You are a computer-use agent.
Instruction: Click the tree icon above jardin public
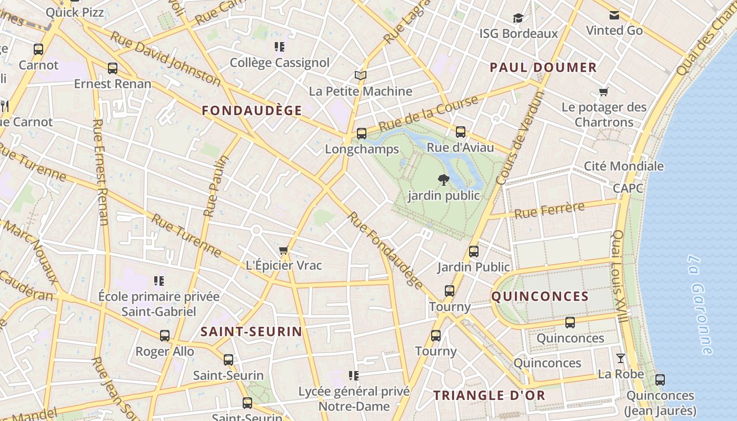pos(444,180)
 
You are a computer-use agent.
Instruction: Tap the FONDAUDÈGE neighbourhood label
pos(252,111)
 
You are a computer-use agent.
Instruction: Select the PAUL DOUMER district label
pos(543,67)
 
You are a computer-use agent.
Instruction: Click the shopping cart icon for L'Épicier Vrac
pos(284,250)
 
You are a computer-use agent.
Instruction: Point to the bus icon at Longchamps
pos(361,134)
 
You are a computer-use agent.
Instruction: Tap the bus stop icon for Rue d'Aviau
pos(461,132)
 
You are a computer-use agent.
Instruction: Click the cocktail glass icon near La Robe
pos(621,358)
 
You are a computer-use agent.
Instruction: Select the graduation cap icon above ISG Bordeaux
pos(519,18)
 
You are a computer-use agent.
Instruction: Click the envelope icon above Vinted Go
pos(614,15)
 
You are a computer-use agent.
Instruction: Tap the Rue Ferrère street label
pos(549,210)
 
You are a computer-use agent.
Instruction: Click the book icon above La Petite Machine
pos(360,76)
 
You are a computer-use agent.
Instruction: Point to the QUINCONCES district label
pos(540,296)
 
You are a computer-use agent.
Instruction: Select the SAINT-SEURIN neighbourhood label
pos(251,332)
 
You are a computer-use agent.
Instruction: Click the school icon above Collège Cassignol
pos(280,47)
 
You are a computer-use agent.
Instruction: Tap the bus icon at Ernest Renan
pos(112,68)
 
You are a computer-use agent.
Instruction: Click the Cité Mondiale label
pos(623,166)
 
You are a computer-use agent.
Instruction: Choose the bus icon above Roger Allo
pos(165,336)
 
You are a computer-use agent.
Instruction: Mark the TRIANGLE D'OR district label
pos(489,396)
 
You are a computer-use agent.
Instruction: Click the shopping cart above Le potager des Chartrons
pos(604,92)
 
